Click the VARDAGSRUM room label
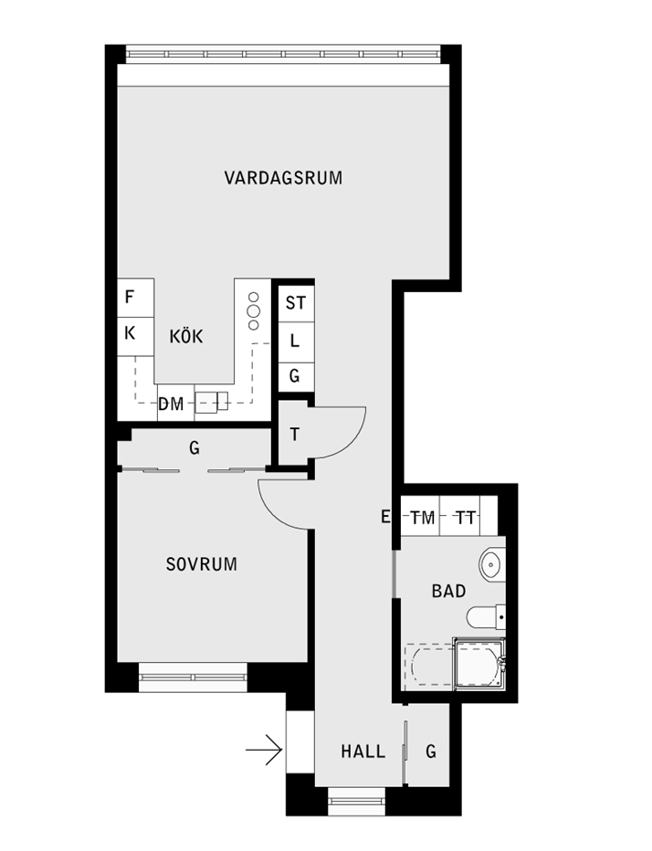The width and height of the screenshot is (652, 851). pos(283,178)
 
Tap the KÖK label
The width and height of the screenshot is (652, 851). pos(186,337)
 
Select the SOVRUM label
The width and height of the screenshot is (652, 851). pos(202,564)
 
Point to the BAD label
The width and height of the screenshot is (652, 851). pos(449,591)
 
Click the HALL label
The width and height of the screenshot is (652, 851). pos(363,751)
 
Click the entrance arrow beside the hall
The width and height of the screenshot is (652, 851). pos(264,750)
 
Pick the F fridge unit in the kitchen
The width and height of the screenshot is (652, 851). pos(136,298)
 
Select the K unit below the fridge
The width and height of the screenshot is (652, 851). pos(136,337)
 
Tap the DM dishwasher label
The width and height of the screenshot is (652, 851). pos(171,404)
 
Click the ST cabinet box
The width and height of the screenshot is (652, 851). pos(296,303)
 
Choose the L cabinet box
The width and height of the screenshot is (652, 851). pos(296,341)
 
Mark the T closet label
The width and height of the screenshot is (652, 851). pos(295,435)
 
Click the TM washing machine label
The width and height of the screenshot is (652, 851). pos(423,518)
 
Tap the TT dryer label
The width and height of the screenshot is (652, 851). pos(465,518)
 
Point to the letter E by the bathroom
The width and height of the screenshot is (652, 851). pos(385,517)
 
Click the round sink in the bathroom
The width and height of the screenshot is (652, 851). pos(492,564)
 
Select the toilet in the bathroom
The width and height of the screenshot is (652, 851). pos(486,617)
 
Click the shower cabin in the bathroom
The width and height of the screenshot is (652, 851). pos(480,664)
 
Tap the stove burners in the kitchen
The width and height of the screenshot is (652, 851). pos(254,311)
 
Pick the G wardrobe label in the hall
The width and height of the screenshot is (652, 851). pos(431,751)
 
